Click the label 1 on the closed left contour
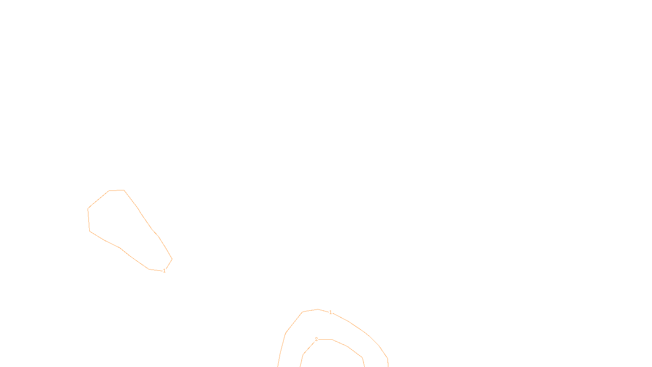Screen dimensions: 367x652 click(164, 271)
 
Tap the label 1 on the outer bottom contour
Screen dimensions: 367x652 click(330, 312)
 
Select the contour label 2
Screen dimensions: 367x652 click(316, 339)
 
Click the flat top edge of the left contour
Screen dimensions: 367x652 click(117, 190)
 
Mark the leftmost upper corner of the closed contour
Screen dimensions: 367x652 click(88, 209)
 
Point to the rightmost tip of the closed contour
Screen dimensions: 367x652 click(172, 259)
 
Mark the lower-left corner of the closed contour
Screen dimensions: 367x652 click(90, 231)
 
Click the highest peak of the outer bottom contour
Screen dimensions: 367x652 click(318, 310)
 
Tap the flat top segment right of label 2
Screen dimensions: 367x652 click(326, 339)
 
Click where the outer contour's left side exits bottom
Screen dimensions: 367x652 click(278, 366)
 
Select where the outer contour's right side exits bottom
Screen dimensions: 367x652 click(388, 366)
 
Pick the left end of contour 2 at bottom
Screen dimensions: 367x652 click(301, 366)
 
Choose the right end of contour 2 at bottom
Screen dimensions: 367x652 click(364, 366)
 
